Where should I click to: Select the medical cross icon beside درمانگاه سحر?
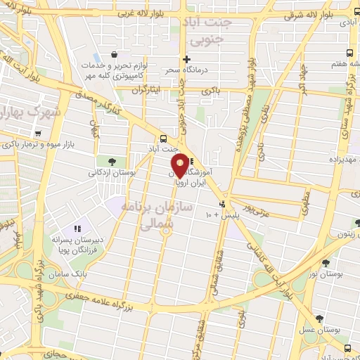[186, 59]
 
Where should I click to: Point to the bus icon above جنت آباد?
[163, 139]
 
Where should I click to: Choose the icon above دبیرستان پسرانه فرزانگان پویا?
[78, 229]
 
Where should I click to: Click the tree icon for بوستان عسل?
[320, 319]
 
